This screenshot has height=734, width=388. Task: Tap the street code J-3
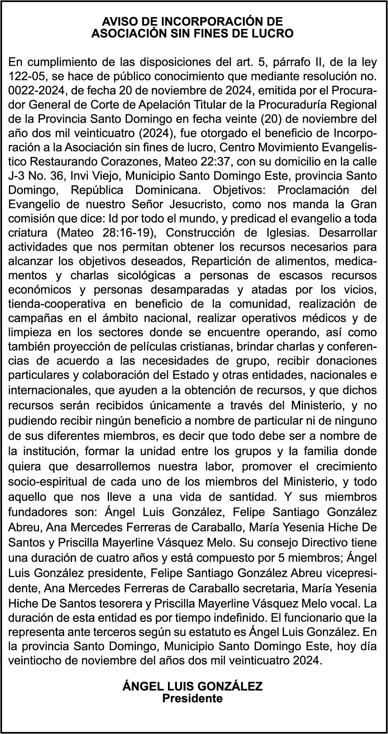tap(17, 176)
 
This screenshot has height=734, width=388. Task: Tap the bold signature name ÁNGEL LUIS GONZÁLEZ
tap(192, 687)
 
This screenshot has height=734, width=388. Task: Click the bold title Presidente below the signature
tap(192, 698)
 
